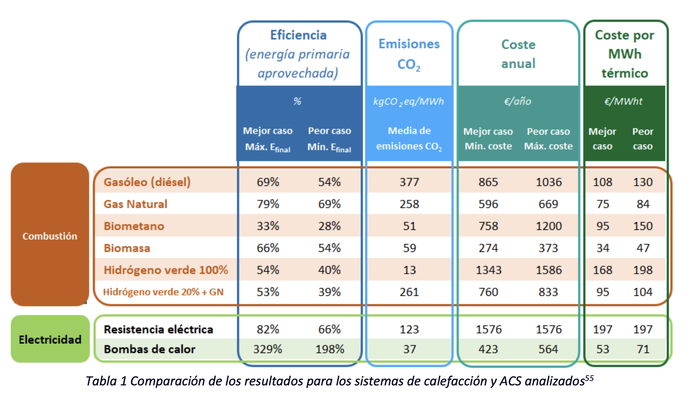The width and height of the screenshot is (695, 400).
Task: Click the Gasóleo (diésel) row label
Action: pyautogui.click(x=147, y=182)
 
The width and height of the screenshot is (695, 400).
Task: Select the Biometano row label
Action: pyautogui.click(x=134, y=226)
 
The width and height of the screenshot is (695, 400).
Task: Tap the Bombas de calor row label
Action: pyautogui.click(x=150, y=349)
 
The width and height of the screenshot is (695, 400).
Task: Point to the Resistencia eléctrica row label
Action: pyautogui.click(x=158, y=329)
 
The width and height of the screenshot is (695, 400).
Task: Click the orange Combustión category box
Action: pyautogui.click(x=50, y=236)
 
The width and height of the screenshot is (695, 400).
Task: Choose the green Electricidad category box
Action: pyautogui.click(x=50, y=339)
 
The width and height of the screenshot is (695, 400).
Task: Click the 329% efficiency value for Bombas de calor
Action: pyautogui.click(x=268, y=349)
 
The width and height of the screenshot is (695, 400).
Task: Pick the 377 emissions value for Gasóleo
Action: pyautogui.click(x=409, y=182)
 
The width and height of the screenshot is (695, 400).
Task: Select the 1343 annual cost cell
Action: pyautogui.click(x=488, y=270)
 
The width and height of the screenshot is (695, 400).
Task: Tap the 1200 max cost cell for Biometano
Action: pyautogui.click(x=548, y=226)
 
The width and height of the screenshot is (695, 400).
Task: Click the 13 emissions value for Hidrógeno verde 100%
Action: pyautogui.click(x=409, y=270)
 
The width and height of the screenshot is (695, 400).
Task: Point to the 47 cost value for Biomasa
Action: pyautogui.click(x=643, y=248)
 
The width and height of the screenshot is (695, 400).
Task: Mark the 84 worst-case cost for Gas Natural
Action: pyautogui.click(x=643, y=204)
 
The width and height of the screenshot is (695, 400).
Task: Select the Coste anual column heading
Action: pyautogui.click(x=518, y=54)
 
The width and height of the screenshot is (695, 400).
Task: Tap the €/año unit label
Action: pyautogui.click(x=518, y=101)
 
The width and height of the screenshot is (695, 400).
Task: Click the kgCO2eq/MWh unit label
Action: pyautogui.click(x=408, y=102)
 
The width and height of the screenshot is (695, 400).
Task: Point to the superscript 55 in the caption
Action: pyautogui.click(x=589, y=378)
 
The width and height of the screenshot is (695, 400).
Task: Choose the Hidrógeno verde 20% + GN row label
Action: pyautogui.click(x=163, y=292)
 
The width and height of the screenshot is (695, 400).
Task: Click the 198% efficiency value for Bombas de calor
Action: pyautogui.click(x=330, y=349)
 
